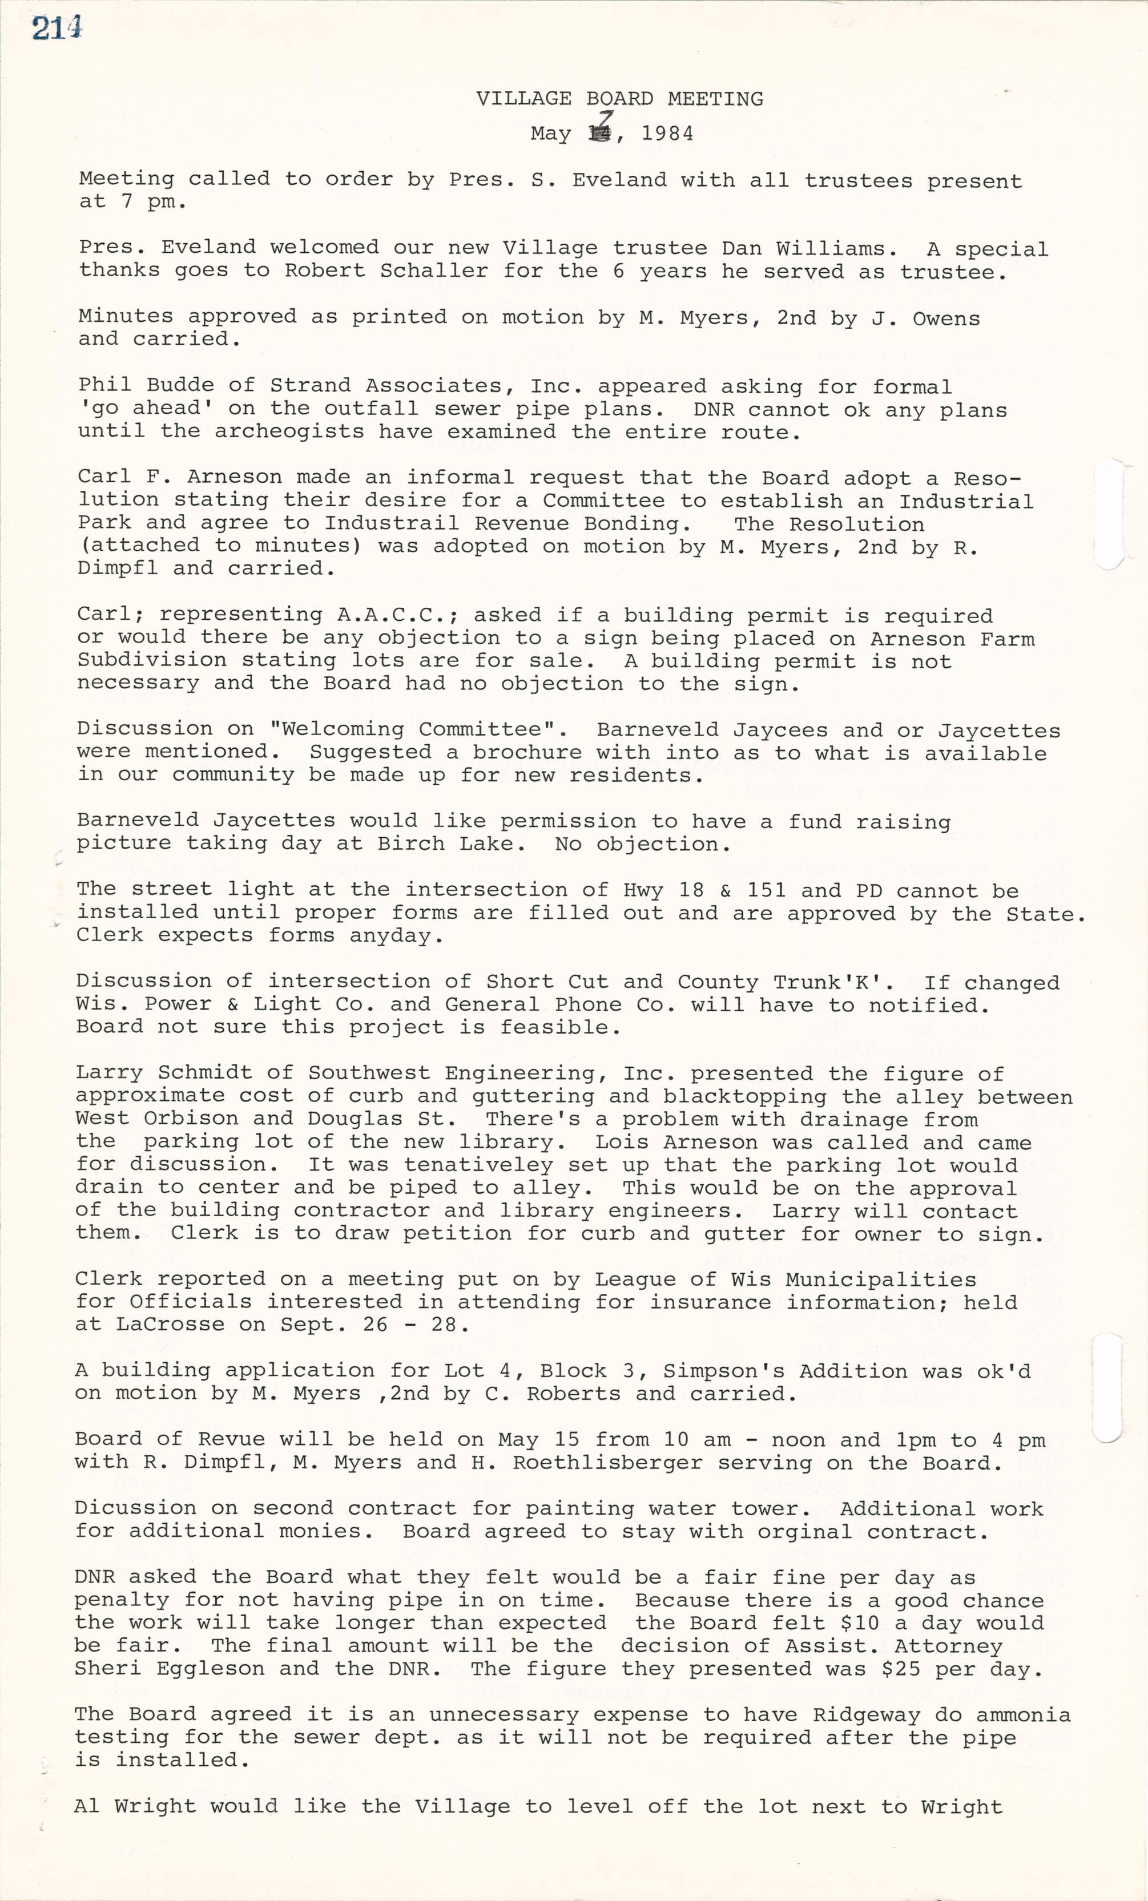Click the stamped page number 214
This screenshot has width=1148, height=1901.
coord(57,29)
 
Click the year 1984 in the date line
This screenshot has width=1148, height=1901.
coord(667,134)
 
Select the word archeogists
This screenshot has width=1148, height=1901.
coord(289,431)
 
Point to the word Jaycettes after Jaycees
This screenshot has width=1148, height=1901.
coord(999,730)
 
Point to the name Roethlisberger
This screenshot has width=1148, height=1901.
coord(607,1462)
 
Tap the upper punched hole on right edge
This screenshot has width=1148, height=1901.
coord(1108,515)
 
